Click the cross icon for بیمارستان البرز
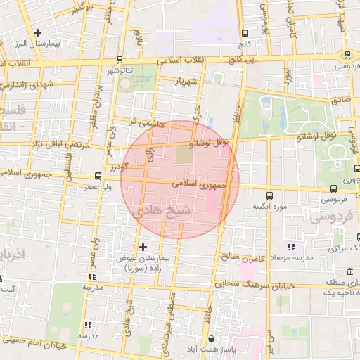coord(37,32)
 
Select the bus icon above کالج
coord(245,33)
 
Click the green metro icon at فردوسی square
coord(347,56)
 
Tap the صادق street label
coord(340,101)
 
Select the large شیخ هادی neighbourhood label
coord(161,209)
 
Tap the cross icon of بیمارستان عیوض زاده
coord(143,246)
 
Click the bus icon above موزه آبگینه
coord(269,195)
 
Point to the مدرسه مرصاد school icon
coord(291,247)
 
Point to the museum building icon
coord(350,271)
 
